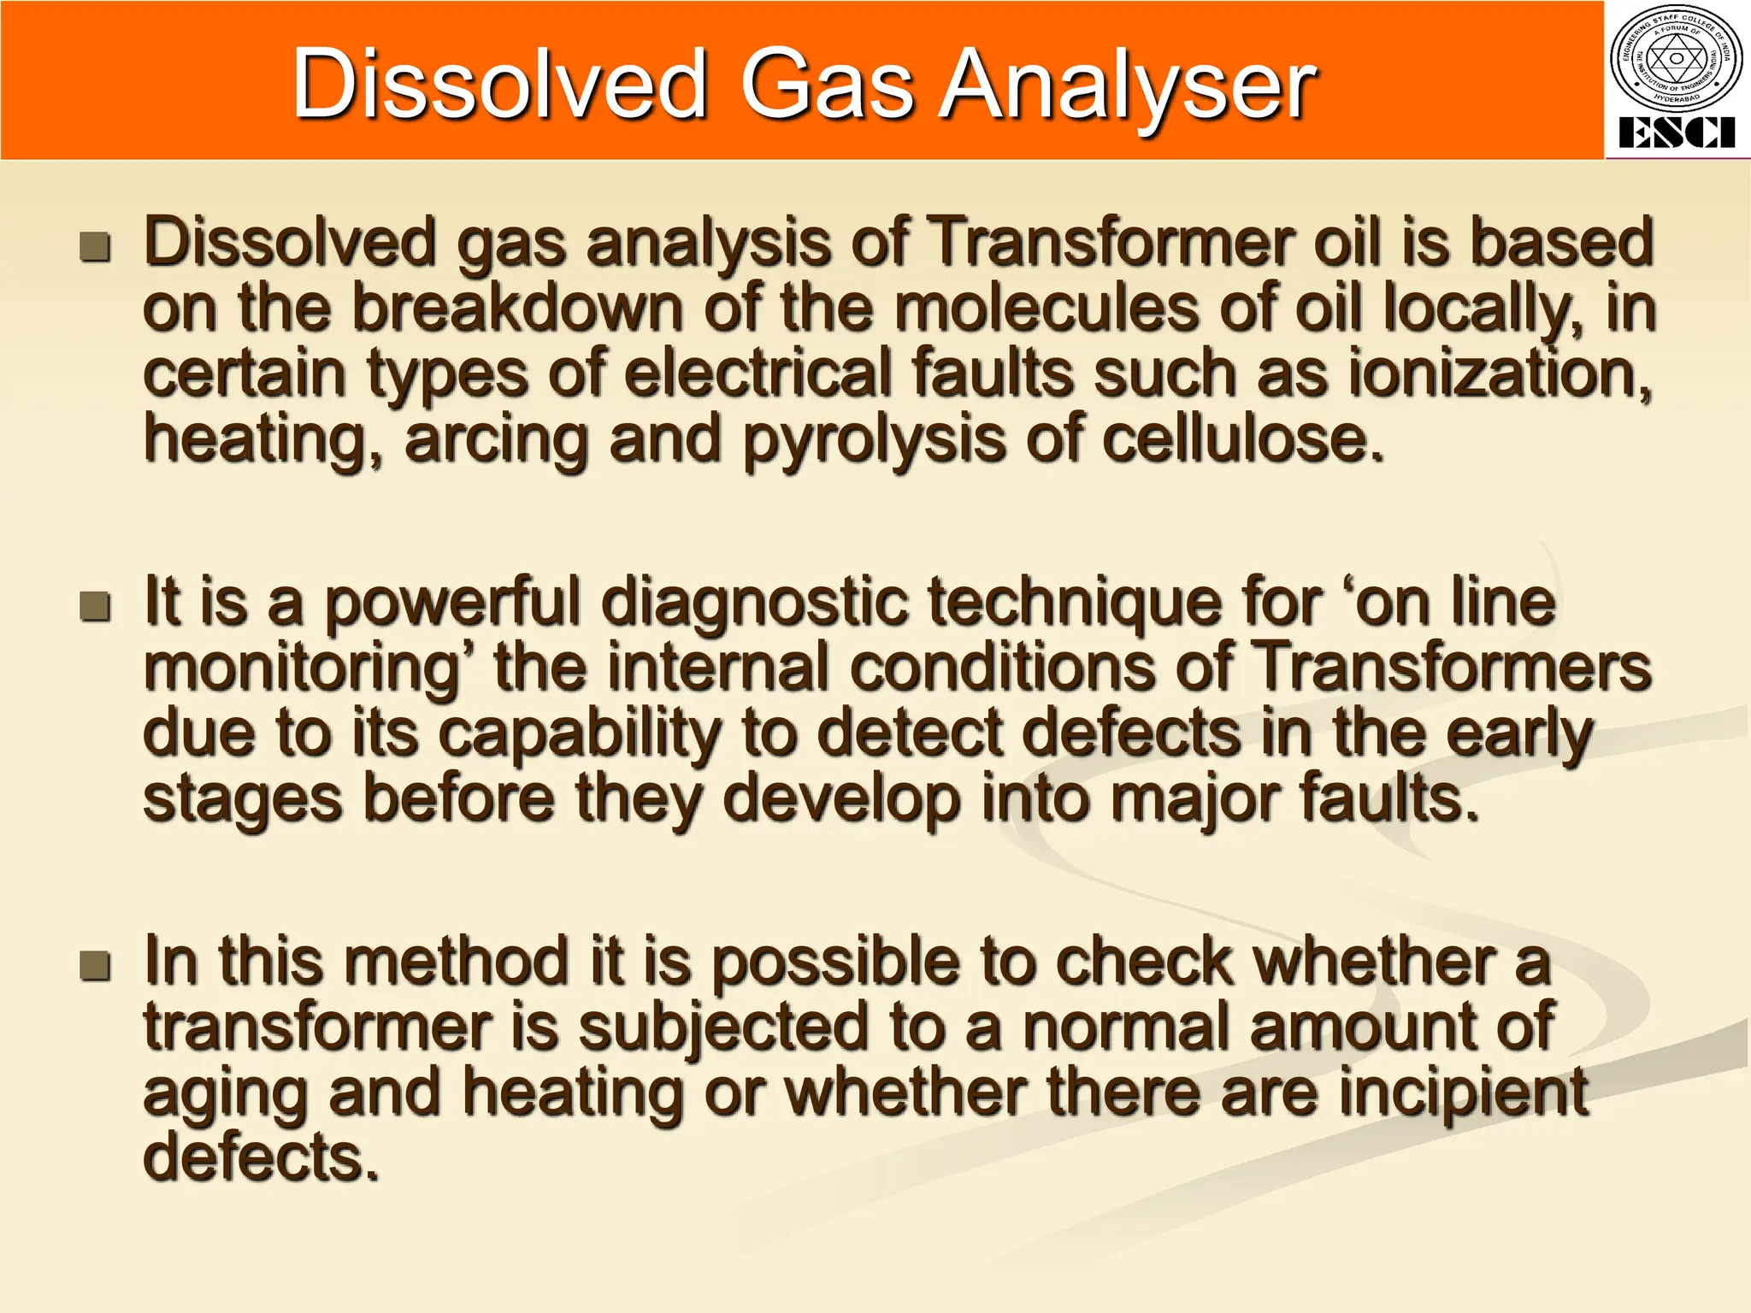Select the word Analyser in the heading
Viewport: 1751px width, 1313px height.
tap(1128, 85)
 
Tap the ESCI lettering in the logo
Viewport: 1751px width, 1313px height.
tap(1676, 133)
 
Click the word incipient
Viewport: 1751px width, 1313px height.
tap(1463, 1092)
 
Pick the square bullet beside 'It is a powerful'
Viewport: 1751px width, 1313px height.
tap(95, 606)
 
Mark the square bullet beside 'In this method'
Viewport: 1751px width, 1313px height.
tap(95, 966)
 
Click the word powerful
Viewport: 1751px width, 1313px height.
tap(453, 602)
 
